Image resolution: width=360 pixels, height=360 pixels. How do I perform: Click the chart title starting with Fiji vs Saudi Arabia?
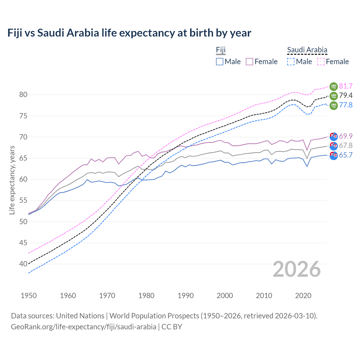(129, 33)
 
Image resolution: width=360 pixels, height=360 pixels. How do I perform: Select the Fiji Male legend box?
(220, 62)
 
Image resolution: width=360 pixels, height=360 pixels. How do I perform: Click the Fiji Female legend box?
(249, 62)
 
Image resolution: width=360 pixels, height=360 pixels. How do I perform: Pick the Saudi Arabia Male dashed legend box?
(291, 62)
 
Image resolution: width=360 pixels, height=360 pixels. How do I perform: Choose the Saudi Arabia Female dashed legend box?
(321, 62)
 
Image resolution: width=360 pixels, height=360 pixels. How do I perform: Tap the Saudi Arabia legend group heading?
(307, 50)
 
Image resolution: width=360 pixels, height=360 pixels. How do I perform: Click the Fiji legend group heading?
(221, 50)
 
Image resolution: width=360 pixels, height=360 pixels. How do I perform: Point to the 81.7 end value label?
(346, 86)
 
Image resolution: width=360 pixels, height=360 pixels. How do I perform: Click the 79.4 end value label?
(346, 96)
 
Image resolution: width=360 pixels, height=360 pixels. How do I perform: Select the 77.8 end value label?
(346, 105)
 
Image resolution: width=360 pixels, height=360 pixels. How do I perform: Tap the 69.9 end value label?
(346, 136)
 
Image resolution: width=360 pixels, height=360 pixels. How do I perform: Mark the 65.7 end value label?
(346, 155)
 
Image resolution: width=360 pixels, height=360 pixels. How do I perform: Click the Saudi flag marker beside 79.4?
(334, 96)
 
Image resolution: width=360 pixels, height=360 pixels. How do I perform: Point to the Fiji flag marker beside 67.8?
(334, 146)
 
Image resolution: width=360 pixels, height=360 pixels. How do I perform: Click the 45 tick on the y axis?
(23, 243)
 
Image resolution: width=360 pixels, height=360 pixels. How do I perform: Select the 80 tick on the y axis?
(23, 95)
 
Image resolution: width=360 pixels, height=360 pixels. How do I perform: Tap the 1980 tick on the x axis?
(146, 296)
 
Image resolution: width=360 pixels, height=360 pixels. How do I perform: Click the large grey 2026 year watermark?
(297, 269)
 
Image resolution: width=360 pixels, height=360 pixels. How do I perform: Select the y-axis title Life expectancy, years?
(12, 180)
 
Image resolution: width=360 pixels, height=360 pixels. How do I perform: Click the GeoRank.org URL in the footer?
(84, 327)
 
